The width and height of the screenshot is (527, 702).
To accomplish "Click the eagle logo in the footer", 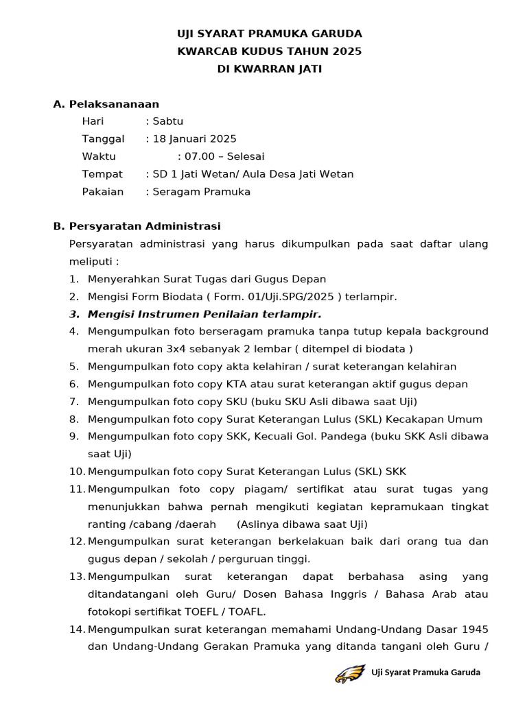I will [x=350, y=673].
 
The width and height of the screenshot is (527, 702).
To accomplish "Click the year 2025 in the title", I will [x=348, y=51].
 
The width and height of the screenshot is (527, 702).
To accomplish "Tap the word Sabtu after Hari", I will [x=168, y=121].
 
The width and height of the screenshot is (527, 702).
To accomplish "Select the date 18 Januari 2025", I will [x=195, y=139].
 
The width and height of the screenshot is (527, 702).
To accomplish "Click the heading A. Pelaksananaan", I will [x=106, y=104].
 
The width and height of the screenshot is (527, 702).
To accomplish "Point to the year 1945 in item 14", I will [x=475, y=629].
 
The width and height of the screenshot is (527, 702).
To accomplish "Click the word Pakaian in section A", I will [x=103, y=192].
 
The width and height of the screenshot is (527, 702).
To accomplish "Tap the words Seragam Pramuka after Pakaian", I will [x=202, y=192].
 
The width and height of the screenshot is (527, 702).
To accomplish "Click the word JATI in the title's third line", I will [x=307, y=69].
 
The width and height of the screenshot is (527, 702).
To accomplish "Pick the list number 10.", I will [x=76, y=472].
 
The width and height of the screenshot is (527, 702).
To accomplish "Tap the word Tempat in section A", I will [x=102, y=174].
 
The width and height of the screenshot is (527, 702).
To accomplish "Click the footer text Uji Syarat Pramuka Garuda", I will [x=425, y=673].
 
